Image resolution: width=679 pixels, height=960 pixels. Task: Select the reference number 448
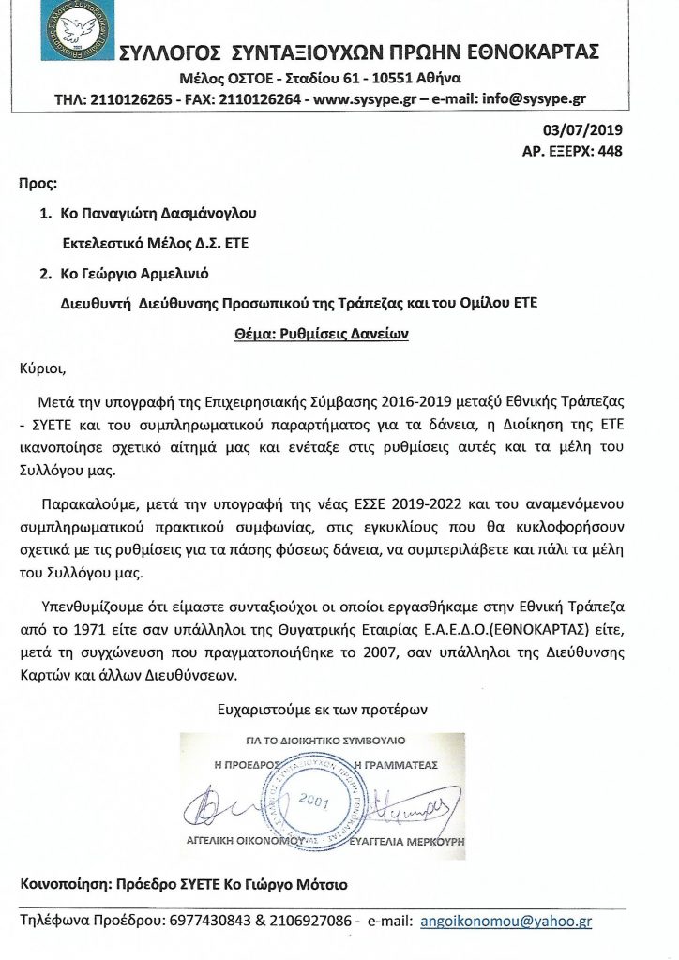(x=609, y=150)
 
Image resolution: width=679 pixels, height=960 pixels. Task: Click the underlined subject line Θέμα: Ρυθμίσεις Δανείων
(x=339, y=333)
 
